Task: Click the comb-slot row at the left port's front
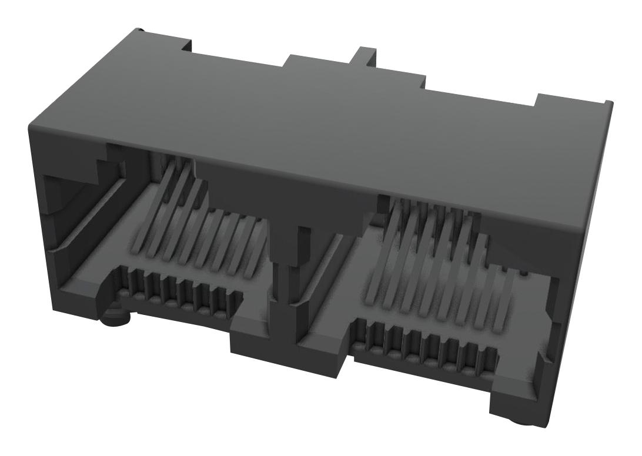179,291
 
